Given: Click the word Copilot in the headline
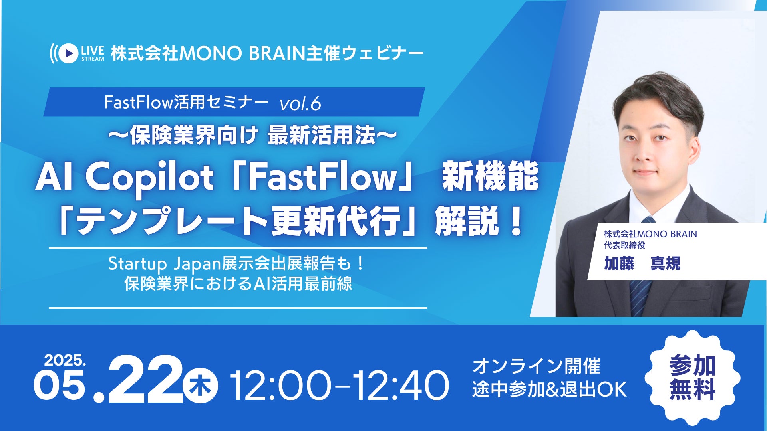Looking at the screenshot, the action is point(149,177).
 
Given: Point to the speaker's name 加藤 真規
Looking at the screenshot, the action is point(642,263).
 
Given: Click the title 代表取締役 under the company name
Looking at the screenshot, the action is point(624,245).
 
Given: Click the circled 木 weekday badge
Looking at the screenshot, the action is point(200,386).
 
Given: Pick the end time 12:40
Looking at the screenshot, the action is point(400,386).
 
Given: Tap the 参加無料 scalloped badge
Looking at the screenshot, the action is point(693,378).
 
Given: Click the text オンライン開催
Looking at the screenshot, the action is point(537,366).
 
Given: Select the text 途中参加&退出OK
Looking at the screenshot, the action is point(549,389).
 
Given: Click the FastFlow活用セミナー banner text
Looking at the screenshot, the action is point(187,103).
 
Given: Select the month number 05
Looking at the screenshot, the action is point(60,385).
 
